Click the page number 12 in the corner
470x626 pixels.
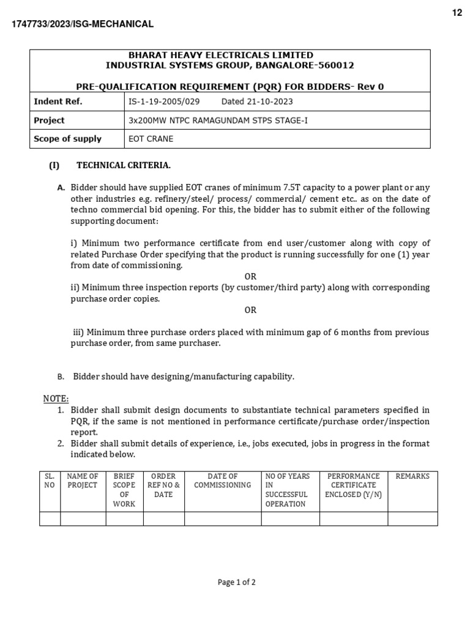457,13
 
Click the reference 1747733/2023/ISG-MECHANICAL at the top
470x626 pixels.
83,24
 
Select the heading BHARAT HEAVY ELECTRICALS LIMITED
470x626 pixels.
229,55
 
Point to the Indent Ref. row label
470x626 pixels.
58,101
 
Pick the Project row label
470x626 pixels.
50,120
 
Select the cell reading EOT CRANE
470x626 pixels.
151,139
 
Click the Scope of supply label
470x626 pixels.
68,139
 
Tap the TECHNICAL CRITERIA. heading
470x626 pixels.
123,165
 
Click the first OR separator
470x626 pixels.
250,276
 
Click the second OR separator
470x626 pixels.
250,310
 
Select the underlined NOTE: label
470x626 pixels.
56,399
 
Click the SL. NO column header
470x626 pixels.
50,481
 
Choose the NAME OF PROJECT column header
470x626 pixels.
83,481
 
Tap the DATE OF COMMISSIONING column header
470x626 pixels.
222,481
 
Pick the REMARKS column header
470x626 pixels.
412,476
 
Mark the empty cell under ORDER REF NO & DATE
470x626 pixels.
163,519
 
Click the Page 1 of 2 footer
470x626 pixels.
236,583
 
